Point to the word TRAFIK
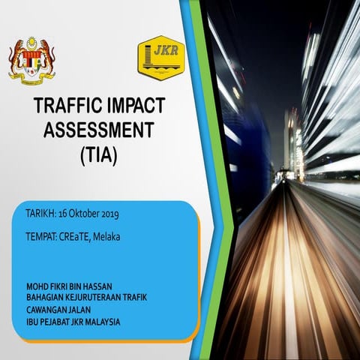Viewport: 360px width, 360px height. pyautogui.click(x=132, y=298)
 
